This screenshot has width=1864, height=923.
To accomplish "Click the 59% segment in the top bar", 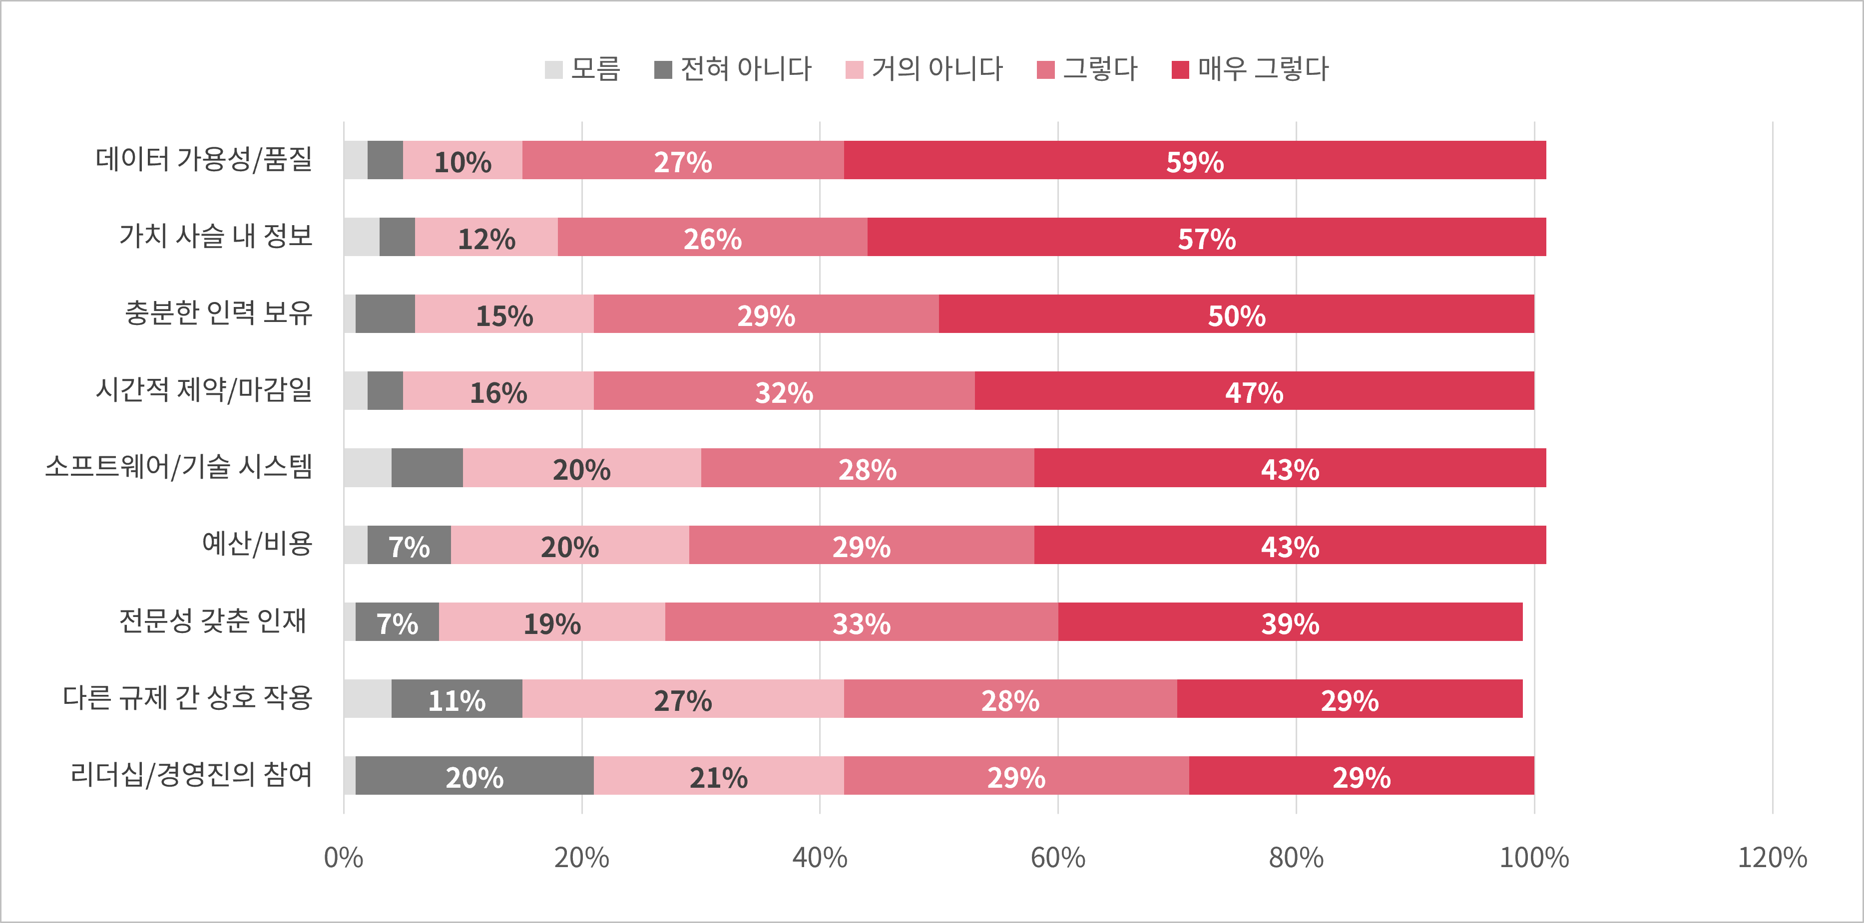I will click(x=1195, y=161).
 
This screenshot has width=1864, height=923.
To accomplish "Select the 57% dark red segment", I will click(x=1206, y=237).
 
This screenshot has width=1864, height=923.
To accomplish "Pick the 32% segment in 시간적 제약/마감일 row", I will click(x=784, y=391).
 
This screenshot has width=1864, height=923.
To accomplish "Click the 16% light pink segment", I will click(x=498, y=391).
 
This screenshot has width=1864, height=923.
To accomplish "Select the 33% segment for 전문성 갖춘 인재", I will click(x=861, y=622).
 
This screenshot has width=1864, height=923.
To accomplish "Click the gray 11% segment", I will click(x=457, y=699).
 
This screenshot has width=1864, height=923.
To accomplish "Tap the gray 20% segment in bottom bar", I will click(x=474, y=776).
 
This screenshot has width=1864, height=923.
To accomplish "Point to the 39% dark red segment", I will click(x=1290, y=622).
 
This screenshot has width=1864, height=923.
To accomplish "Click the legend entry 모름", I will click(x=582, y=69).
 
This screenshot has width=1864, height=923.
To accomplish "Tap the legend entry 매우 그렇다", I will click(x=1250, y=69).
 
